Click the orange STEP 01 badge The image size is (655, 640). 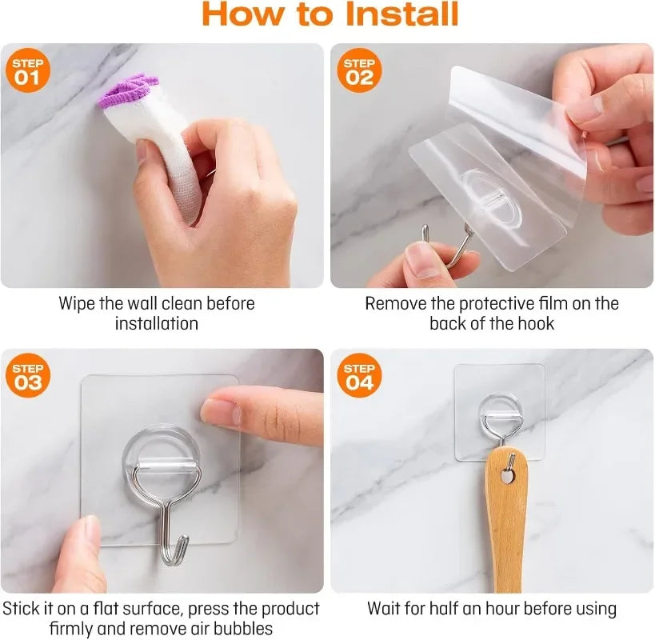(x=27, y=70)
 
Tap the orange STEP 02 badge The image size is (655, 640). (x=359, y=70)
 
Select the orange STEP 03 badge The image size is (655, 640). (x=27, y=375)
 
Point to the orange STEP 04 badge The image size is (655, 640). (x=359, y=375)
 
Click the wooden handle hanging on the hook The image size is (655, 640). (x=505, y=518)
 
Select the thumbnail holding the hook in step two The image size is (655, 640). (x=422, y=259)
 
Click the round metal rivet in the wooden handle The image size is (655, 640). (x=507, y=476)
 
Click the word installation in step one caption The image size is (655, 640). (x=157, y=324)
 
